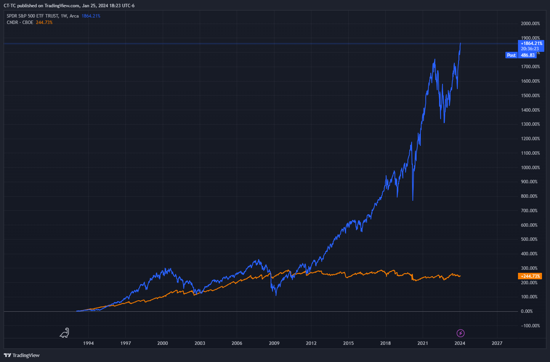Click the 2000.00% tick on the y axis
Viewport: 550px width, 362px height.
point(530,24)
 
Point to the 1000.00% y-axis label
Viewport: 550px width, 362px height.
point(530,168)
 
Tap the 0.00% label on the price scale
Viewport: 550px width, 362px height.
point(527,311)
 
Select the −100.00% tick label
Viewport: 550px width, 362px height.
point(530,326)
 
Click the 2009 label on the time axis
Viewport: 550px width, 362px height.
point(274,343)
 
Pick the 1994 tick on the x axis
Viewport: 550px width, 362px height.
point(88,343)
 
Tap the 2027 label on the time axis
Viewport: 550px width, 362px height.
point(497,343)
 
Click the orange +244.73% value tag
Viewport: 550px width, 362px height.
point(530,276)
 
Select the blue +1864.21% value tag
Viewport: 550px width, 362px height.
point(531,43)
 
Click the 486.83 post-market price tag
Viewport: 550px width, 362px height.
point(528,55)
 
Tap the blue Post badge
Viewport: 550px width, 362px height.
point(511,55)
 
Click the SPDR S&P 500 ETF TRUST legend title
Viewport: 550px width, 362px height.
point(33,16)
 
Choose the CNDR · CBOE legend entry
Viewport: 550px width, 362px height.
point(20,22)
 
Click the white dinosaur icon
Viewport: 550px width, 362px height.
point(65,333)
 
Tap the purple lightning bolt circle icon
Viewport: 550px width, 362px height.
point(460,333)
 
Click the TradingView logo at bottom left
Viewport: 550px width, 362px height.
point(22,355)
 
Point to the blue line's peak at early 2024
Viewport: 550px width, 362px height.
point(460,43)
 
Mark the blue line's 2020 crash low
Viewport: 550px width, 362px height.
point(413,200)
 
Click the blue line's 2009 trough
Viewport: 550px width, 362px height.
point(276,295)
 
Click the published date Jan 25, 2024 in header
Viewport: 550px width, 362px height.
point(95,6)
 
